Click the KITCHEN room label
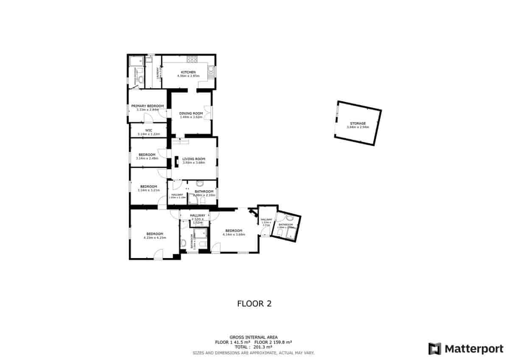pos(188,72)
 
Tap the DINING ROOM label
pos(191,113)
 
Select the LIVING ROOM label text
pos(193,159)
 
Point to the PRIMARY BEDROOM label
pos(147,106)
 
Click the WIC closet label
pos(148,130)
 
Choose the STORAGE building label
pos(358,123)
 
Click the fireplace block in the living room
pos(176,160)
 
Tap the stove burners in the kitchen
pos(191,59)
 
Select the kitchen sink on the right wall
pos(211,70)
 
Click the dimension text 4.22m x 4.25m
pos(155,238)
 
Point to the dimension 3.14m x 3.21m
pos(148,190)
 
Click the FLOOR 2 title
pos(254,304)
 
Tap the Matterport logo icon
pos(434,349)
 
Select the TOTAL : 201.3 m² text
pos(254,346)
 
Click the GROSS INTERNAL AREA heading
pos(254,337)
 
